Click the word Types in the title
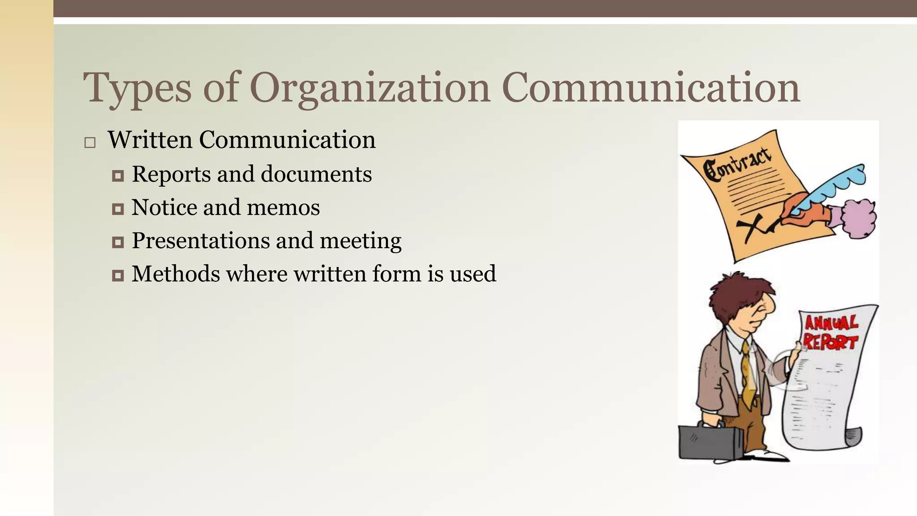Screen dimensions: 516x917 [137, 88]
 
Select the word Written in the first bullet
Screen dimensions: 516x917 [150, 140]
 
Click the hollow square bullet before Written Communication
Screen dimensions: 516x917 [90, 143]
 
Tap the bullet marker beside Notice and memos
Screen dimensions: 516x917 [118, 209]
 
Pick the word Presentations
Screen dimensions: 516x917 [200, 241]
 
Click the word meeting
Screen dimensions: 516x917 [360, 241]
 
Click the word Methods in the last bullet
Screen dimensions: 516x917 [176, 274]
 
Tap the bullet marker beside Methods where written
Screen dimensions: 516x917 [118, 275]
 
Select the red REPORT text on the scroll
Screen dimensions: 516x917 [831, 342]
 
